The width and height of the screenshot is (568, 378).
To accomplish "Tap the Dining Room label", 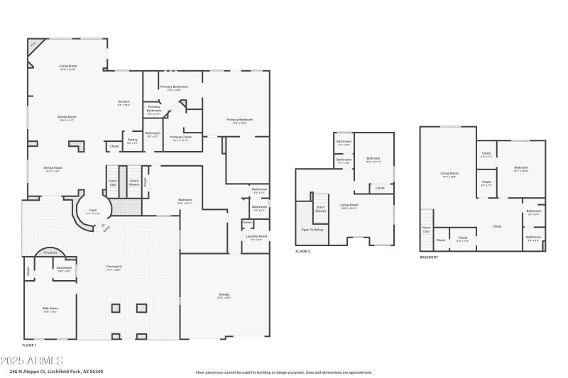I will pos(67,118).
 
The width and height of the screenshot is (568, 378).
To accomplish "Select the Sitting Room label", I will pos(54,169).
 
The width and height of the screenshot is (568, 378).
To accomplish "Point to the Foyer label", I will pos(92,211).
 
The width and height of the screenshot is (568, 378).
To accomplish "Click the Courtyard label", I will pos(114,268).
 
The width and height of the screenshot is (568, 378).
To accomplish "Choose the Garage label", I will pos(224,295).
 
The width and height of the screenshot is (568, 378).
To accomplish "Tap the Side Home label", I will pos(50,309).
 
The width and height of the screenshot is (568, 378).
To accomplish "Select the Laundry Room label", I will pos(257,237).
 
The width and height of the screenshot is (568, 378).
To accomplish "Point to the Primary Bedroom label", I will pos(240,121).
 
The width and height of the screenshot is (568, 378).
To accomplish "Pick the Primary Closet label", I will pos(182,138).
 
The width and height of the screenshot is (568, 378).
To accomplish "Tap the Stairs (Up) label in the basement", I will pos(426,229).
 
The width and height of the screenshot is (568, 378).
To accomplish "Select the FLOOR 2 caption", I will pos(302,252).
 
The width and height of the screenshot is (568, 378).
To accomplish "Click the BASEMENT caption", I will pos(429,257).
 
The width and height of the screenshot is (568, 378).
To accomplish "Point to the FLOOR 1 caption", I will pos(29,344).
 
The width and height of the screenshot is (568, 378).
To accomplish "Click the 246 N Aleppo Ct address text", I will pos(56,371).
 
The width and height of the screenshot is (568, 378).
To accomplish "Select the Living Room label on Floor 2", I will pos(349,206).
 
